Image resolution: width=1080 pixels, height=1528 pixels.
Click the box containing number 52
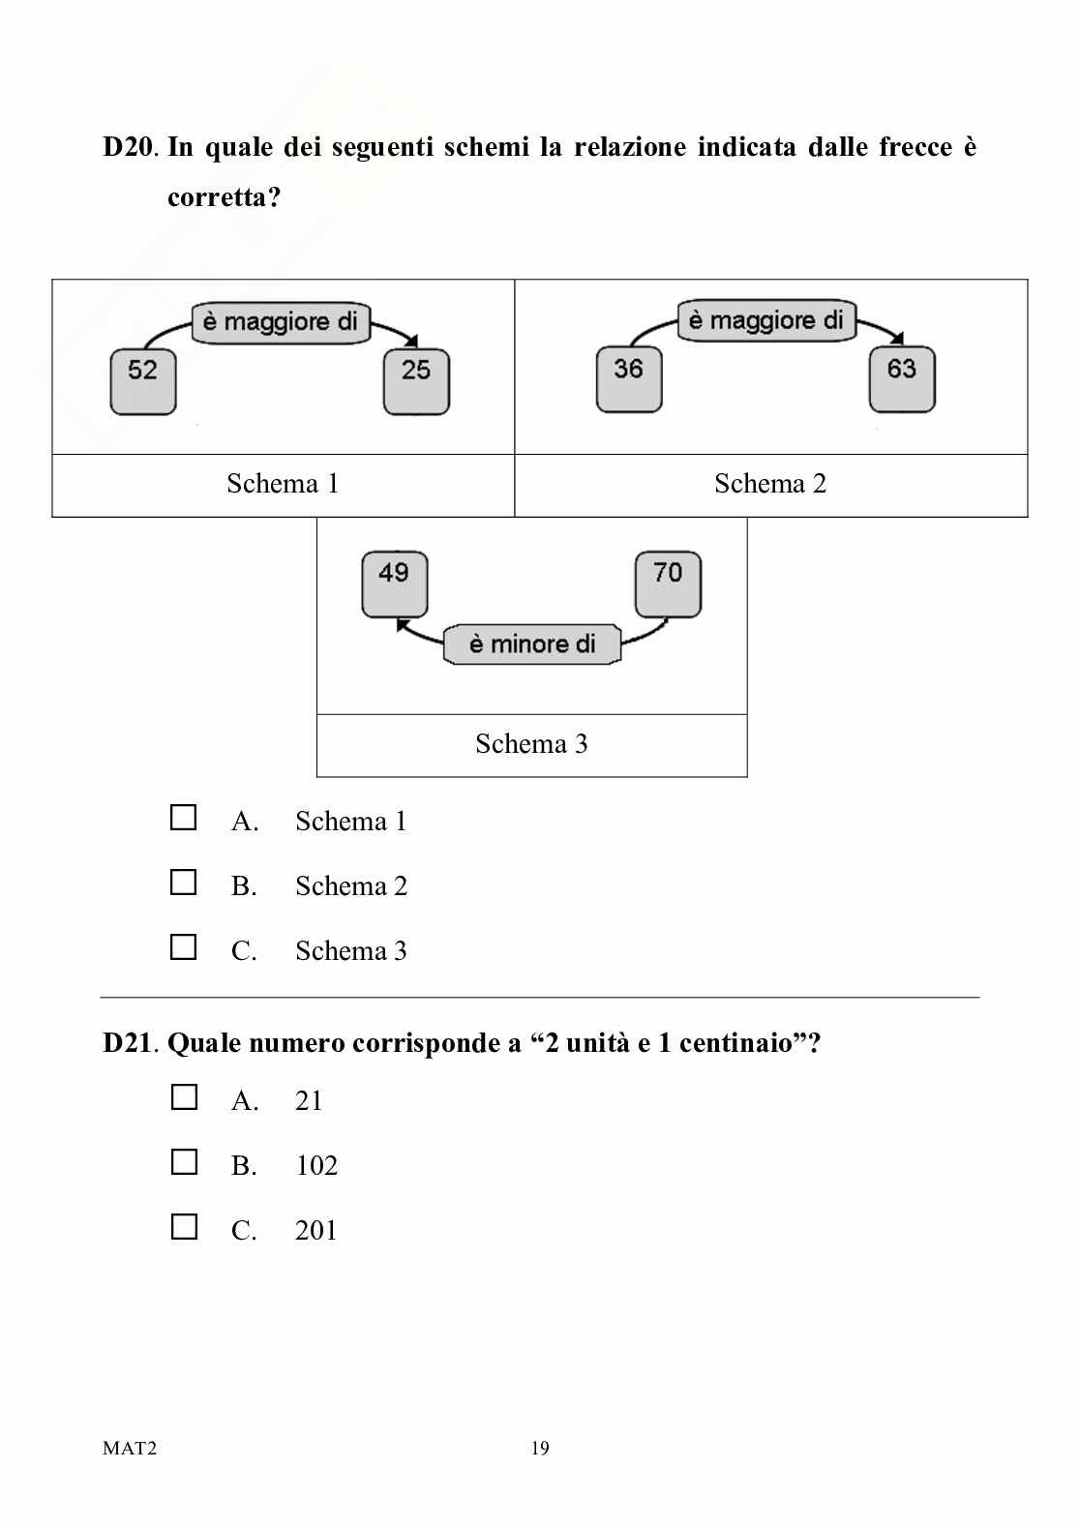point(143,380)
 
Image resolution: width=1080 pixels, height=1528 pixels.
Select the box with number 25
point(416,380)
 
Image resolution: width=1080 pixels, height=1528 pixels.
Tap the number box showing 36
point(629,379)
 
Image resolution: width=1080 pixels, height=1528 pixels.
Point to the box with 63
point(902,379)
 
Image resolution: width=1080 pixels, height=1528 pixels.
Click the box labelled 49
point(394,584)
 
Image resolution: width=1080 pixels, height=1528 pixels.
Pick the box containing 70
point(668,584)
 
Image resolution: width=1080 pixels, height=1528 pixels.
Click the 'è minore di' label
point(531,644)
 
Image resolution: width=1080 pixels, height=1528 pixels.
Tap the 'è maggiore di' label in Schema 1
point(281,321)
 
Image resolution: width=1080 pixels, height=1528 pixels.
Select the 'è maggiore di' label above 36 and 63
point(766,320)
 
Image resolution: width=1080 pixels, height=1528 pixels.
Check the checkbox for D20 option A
point(183,819)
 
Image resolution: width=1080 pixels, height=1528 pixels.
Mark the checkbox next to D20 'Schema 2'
point(183,884)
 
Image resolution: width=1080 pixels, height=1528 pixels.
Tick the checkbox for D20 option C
point(183,947)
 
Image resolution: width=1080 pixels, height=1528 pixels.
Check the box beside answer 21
point(184,1097)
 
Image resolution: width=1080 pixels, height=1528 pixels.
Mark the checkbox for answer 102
point(184,1162)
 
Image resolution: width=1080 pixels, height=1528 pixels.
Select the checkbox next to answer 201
point(184,1227)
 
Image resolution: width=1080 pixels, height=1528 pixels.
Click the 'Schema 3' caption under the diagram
point(531,744)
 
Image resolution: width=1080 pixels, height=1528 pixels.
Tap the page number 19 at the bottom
point(540,1449)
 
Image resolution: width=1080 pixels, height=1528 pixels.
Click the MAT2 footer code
point(130,1449)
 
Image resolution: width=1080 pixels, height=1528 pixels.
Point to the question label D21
point(128,1044)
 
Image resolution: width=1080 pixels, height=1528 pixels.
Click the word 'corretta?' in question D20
point(224,197)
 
